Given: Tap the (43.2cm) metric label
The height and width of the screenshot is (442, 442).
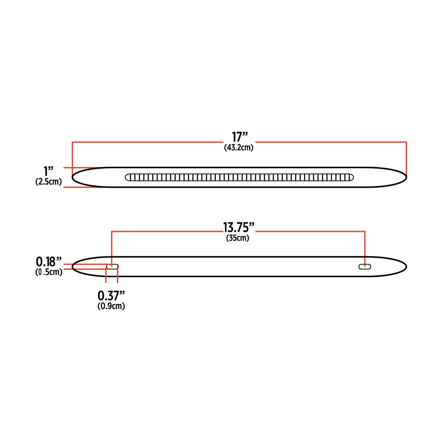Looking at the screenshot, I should (238, 148).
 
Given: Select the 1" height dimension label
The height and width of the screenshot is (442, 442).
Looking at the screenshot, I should (48, 172).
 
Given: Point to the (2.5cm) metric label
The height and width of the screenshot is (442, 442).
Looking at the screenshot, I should (48, 182).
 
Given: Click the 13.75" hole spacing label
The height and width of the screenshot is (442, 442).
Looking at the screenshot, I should (238, 227).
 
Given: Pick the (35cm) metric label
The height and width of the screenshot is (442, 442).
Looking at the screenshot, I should (238, 238).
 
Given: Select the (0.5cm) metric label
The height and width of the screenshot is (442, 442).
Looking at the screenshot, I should (48, 272).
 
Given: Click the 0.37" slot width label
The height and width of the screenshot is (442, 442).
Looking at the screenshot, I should (111, 296).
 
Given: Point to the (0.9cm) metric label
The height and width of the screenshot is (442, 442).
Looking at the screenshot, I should (111, 306).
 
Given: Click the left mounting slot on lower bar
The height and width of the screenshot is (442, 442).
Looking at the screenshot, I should (112, 267).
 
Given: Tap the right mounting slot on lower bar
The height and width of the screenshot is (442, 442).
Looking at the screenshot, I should (365, 267).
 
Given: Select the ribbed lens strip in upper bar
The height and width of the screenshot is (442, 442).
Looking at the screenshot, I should (239, 177).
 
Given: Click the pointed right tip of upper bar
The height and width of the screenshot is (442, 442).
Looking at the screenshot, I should (405, 177).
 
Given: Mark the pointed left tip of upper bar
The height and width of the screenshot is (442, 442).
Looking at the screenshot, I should (73, 177).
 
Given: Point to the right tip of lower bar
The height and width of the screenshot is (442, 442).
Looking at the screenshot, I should (405, 266).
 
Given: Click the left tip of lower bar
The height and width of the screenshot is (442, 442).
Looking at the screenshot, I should (73, 266).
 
